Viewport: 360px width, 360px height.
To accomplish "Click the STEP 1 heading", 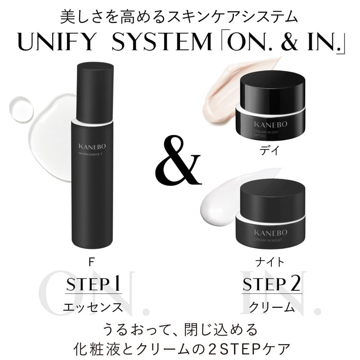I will click(94, 285).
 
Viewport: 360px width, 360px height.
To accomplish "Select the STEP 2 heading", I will click(271, 285).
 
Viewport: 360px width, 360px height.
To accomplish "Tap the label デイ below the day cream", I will click(272, 152).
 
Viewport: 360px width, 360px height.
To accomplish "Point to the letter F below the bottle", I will click(94, 261).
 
